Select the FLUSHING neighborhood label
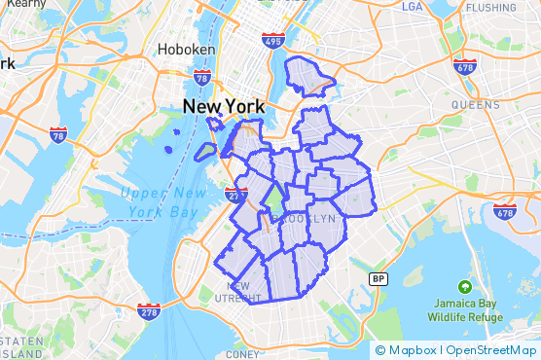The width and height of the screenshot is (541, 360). tap(490, 8)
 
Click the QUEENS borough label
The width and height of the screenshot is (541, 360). tap(475, 103)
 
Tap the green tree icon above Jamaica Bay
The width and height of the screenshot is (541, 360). tap(464, 287)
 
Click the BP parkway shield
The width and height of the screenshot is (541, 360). tap(378, 278)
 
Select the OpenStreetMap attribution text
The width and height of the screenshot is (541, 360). tap(489, 350)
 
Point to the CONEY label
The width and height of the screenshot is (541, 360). tap(241, 355)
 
